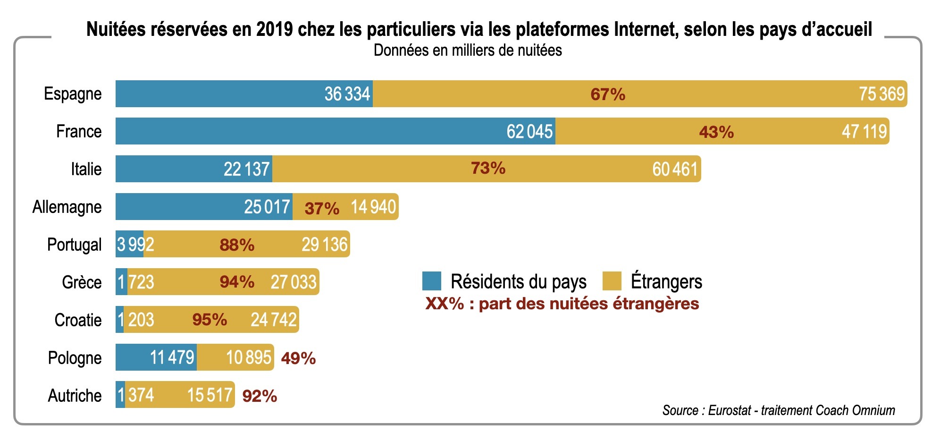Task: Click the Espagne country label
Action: tap(73, 93)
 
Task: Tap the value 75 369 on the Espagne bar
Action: tap(881, 93)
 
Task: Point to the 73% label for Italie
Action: tap(488, 168)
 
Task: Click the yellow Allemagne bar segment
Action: tap(344, 207)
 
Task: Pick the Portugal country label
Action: tap(74, 245)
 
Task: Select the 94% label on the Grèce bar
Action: tap(237, 282)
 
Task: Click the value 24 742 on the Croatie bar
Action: tap(274, 320)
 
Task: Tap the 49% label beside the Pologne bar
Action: tap(298, 358)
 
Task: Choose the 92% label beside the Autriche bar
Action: tap(260, 396)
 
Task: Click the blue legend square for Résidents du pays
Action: tap(431, 281)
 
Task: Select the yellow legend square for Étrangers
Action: tap(612, 281)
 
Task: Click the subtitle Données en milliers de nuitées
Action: tap(468, 50)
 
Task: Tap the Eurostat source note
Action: tap(779, 410)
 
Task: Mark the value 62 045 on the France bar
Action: tap(529, 131)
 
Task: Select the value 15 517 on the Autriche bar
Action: tap(210, 395)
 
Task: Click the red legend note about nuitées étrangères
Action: tap(562, 303)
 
